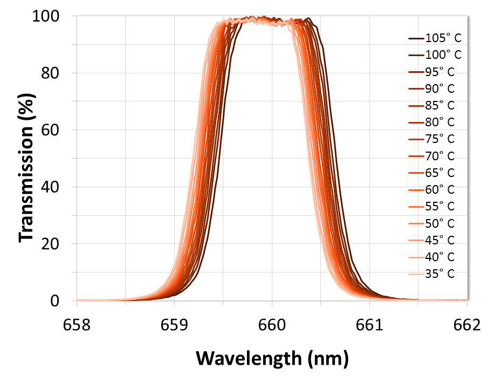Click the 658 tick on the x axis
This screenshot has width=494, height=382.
(77, 325)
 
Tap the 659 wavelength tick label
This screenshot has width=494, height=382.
(174, 325)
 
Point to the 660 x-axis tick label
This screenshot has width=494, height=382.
(272, 325)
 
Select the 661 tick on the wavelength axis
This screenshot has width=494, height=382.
(369, 325)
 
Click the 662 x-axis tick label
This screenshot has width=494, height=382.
(466, 325)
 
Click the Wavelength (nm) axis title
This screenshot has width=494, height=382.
(272, 358)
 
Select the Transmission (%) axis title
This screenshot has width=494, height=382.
(26, 158)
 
